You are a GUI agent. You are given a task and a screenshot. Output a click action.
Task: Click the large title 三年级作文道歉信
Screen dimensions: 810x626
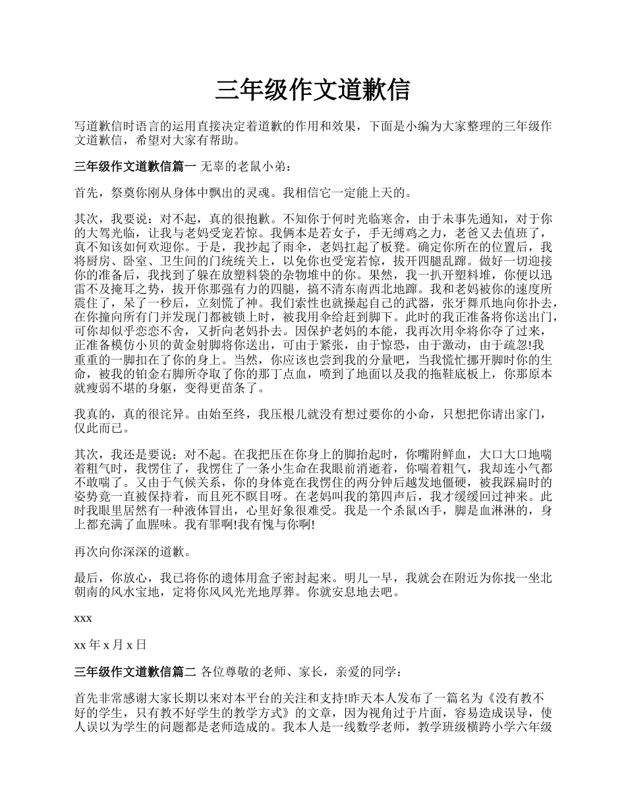tap(312, 90)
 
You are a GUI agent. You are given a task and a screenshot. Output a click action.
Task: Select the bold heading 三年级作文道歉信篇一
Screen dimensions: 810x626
tap(136, 167)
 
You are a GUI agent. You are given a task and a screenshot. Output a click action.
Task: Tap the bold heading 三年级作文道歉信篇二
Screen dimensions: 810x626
tap(136, 672)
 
